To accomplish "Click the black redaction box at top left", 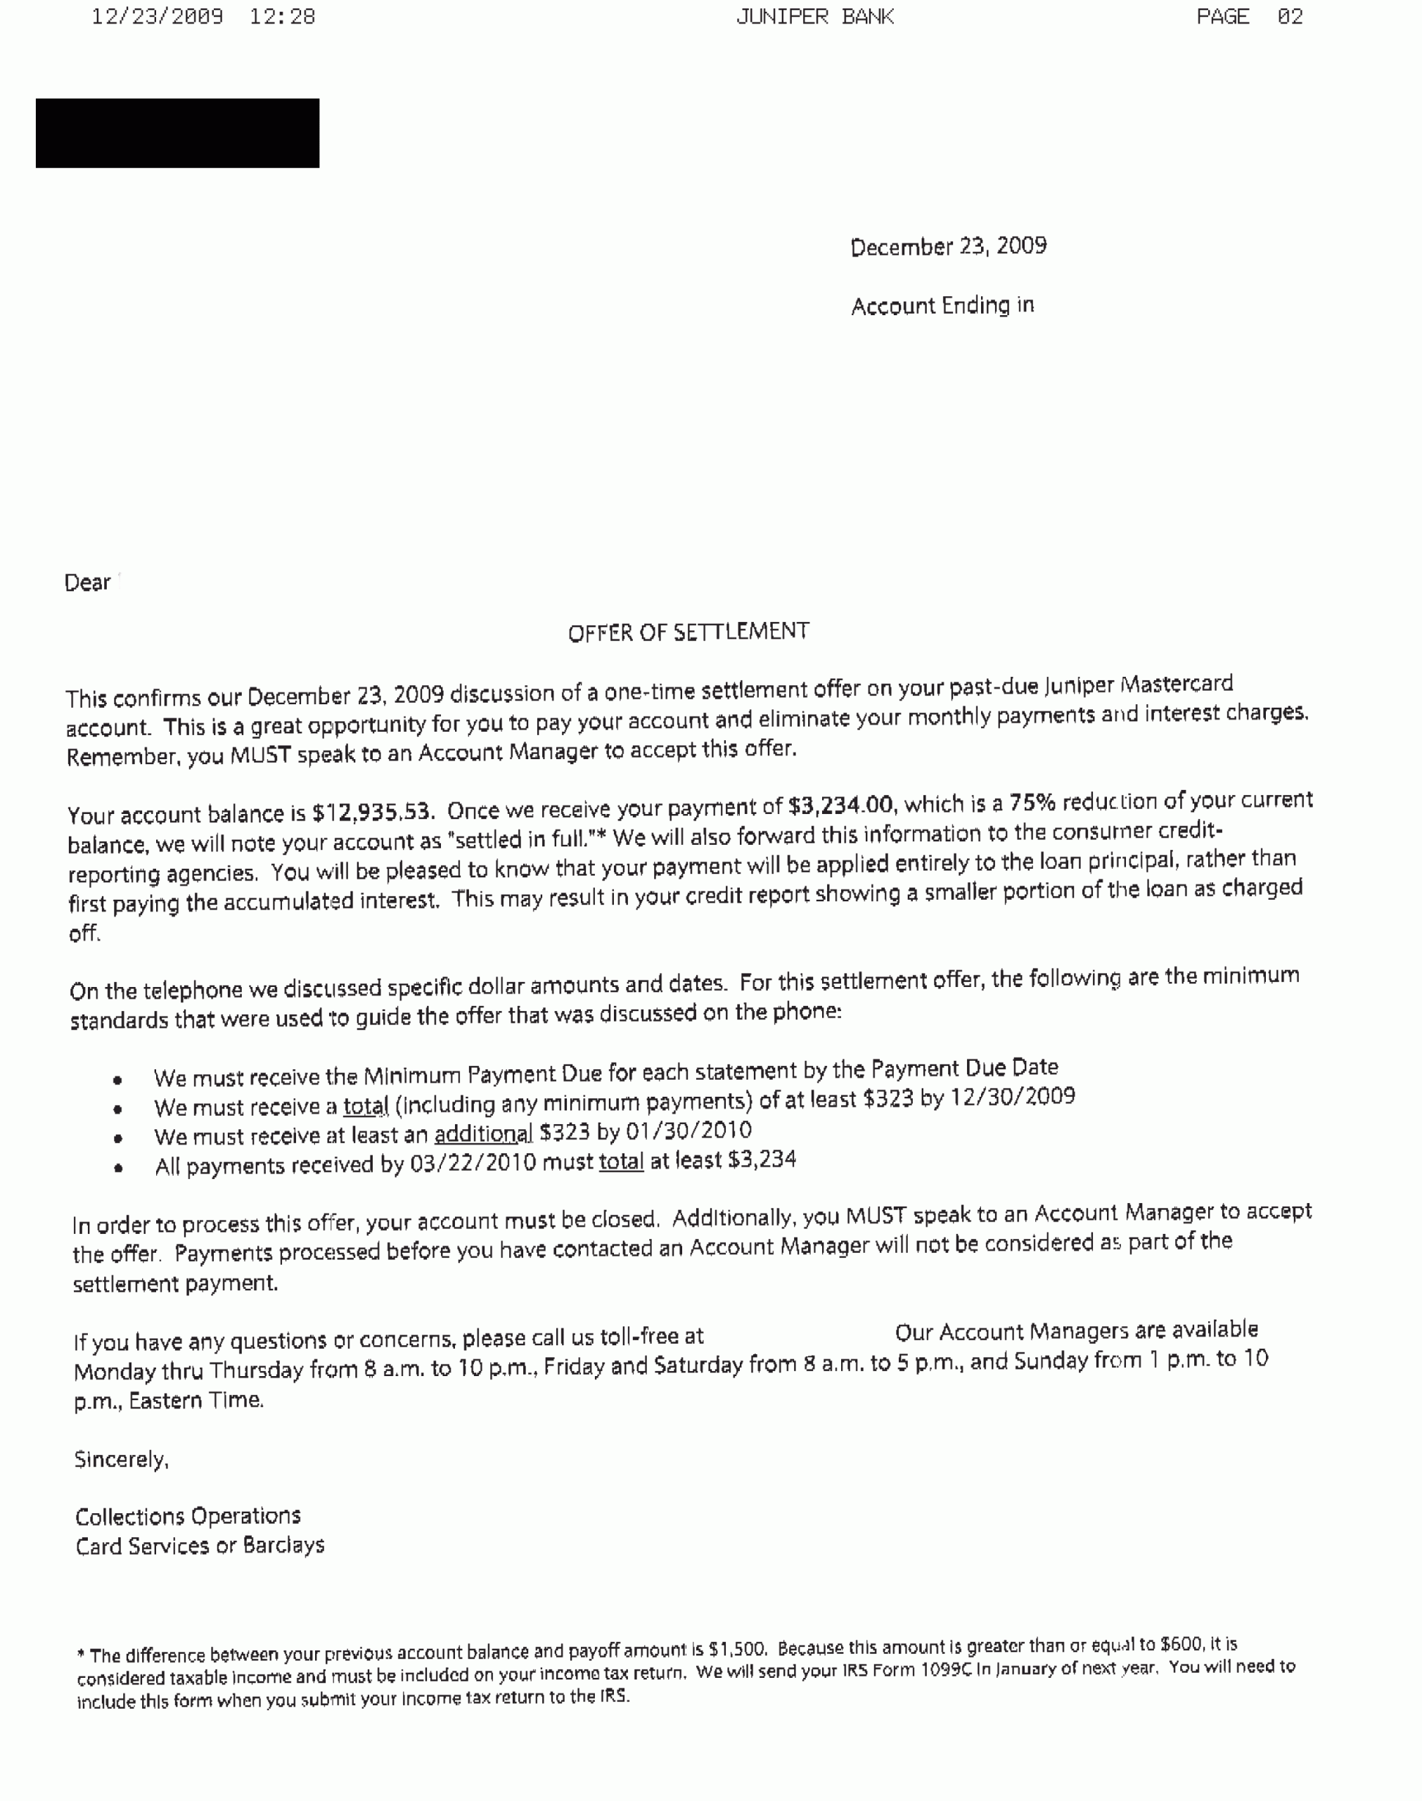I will coord(177,133).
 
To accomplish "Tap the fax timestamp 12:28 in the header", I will coord(282,17).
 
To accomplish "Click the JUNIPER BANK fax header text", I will coord(815,17).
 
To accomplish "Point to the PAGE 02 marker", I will coord(1249,17).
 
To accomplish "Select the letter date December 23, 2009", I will coord(948,246).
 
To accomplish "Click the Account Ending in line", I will coord(942,305).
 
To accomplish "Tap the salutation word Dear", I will coord(87,583).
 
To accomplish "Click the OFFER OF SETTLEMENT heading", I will coord(688,632).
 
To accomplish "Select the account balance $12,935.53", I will coord(372,812).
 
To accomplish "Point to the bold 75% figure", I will coord(1032,803).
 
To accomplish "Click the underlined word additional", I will coord(483,1134).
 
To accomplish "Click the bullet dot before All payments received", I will coord(119,1169).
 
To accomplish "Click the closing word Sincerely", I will coord(122,1459).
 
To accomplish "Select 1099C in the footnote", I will coord(946,1670).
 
